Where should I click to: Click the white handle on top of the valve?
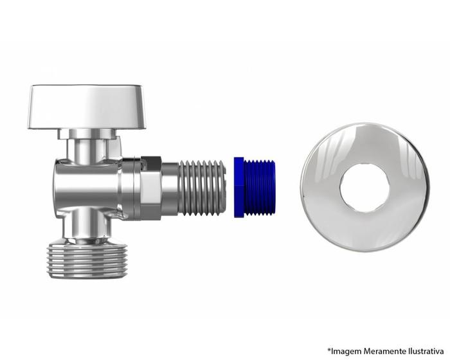click(x=87, y=107)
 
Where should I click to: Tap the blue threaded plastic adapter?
click(x=255, y=187)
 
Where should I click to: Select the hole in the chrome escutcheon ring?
click(x=364, y=188)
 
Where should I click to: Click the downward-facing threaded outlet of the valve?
click(x=87, y=260)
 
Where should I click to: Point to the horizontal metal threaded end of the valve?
click(x=203, y=188)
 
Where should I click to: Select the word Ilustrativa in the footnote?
click(x=426, y=351)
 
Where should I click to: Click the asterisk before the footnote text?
click(x=329, y=350)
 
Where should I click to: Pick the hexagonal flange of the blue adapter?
click(x=239, y=187)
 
